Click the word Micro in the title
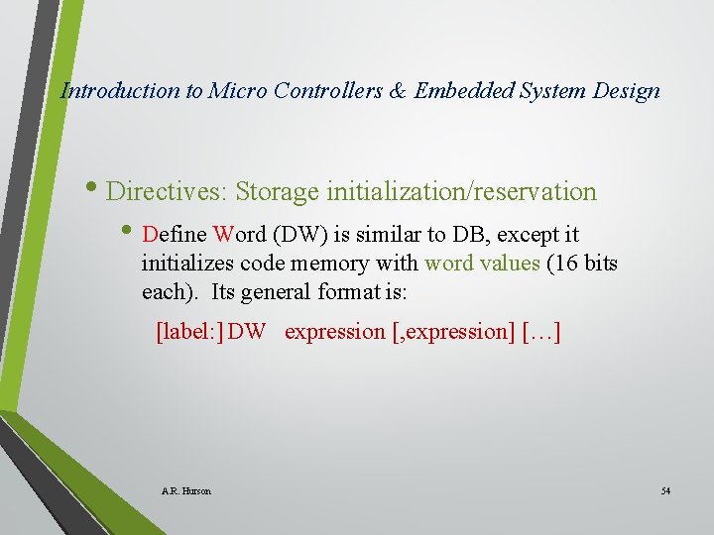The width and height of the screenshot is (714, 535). tap(237, 91)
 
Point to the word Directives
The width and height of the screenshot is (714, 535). tap(167, 191)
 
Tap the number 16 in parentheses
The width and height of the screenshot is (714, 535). tap(565, 264)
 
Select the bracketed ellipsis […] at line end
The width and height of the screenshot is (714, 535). tap(540, 332)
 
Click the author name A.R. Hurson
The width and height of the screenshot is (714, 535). tap(185, 490)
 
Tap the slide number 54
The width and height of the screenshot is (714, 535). tap(665, 490)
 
